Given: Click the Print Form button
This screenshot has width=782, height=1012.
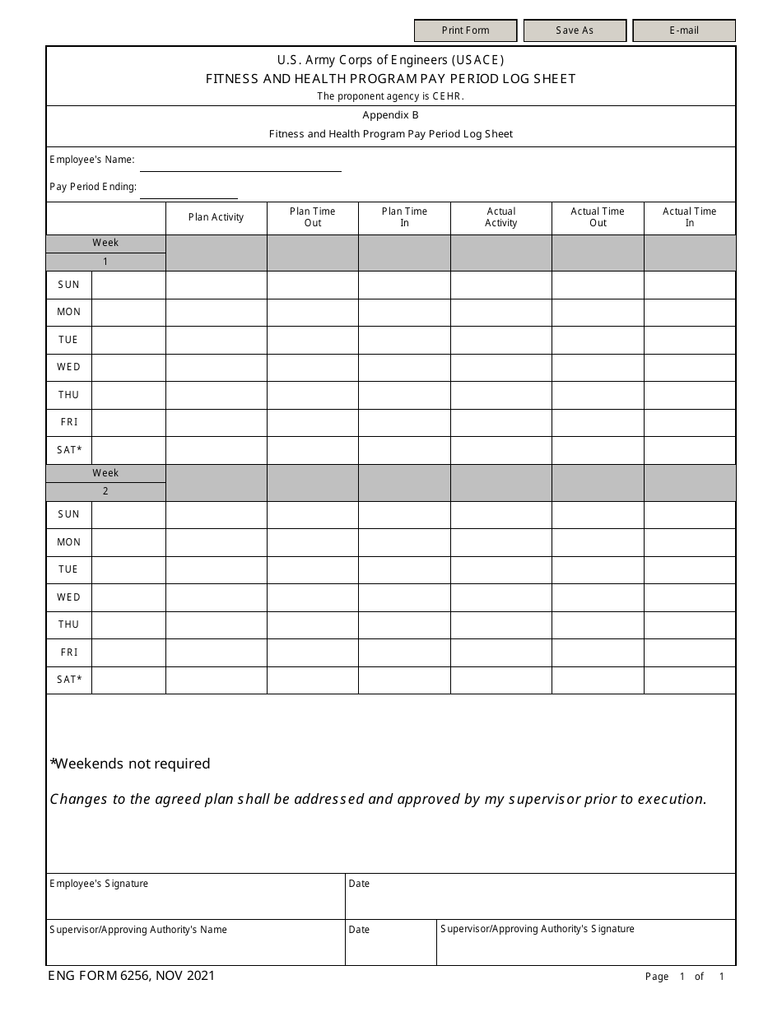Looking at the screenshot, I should tap(465, 30).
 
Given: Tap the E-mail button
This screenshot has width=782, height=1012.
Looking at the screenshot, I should tap(683, 30).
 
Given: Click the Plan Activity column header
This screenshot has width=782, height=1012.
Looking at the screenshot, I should tap(216, 217).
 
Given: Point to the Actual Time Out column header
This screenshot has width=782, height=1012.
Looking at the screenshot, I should tap(598, 217).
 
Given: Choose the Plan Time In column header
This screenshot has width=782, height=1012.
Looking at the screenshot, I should tap(404, 217).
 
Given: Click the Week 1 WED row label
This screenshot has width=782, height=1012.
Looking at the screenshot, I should tap(68, 367).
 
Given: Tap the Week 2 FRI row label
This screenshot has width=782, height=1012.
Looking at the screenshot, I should tap(68, 652).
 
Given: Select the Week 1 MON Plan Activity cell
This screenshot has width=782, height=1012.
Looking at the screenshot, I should tap(216, 313).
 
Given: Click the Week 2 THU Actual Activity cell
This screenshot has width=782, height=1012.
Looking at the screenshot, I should tap(500, 624).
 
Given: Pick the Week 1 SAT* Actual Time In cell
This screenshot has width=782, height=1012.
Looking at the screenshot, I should tap(689, 450).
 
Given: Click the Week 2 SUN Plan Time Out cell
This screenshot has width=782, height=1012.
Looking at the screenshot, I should tap(312, 514).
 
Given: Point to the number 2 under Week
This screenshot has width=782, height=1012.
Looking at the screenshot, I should tap(105, 491).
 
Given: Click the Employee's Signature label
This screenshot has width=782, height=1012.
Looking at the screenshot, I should tap(99, 884).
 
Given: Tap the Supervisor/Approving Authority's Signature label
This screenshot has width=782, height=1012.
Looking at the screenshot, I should tap(538, 929).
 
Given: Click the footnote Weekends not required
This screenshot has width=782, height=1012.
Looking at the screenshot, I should tap(131, 764).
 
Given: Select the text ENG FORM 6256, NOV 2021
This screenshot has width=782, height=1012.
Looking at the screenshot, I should tap(132, 976).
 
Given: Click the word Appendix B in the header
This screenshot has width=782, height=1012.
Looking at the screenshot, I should tap(390, 115).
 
